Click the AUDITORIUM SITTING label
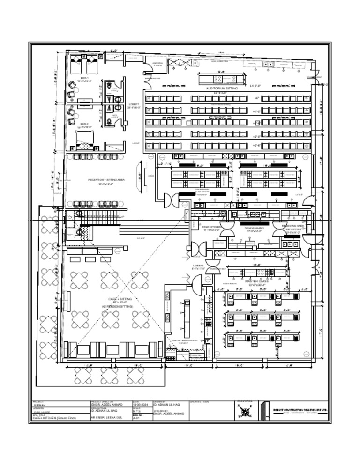coord(222,88)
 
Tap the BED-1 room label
coord(84,78)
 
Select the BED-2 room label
coord(84,124)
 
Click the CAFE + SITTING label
coord(120,299)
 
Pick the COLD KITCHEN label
coord(212,227)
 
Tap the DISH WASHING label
coord(254,228)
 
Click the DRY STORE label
coord(293,229)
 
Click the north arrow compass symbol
coord(244,410)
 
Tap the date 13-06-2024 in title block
coord(141,405)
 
